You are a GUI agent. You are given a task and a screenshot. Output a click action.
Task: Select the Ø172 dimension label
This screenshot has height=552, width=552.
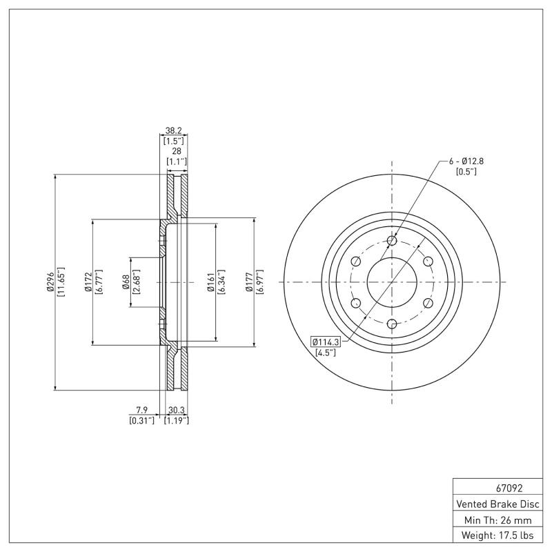[x=88, y=282]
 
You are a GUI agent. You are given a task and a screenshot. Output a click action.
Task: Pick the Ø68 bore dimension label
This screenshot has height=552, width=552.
[x=126, y=282]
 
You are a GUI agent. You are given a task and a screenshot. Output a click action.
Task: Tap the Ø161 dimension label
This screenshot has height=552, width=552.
[x=211, y=282]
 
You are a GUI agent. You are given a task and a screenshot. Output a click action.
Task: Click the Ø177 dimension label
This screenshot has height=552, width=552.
[x=249, y=282]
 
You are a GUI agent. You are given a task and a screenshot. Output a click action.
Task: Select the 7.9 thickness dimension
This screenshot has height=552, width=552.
[x=141, y=409]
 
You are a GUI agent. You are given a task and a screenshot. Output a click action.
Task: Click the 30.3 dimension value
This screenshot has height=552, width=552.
[x=175, y=409]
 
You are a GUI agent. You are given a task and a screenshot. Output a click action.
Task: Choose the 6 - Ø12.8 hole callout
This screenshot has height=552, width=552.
[x=466, y=161]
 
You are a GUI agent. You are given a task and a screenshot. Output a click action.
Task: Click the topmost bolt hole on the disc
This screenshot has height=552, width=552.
[x=392, y=240]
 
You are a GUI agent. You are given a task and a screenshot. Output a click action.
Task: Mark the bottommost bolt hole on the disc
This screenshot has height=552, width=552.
[x=392, y=324]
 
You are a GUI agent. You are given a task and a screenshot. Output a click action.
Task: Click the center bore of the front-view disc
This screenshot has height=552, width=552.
[x=392, y=282]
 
